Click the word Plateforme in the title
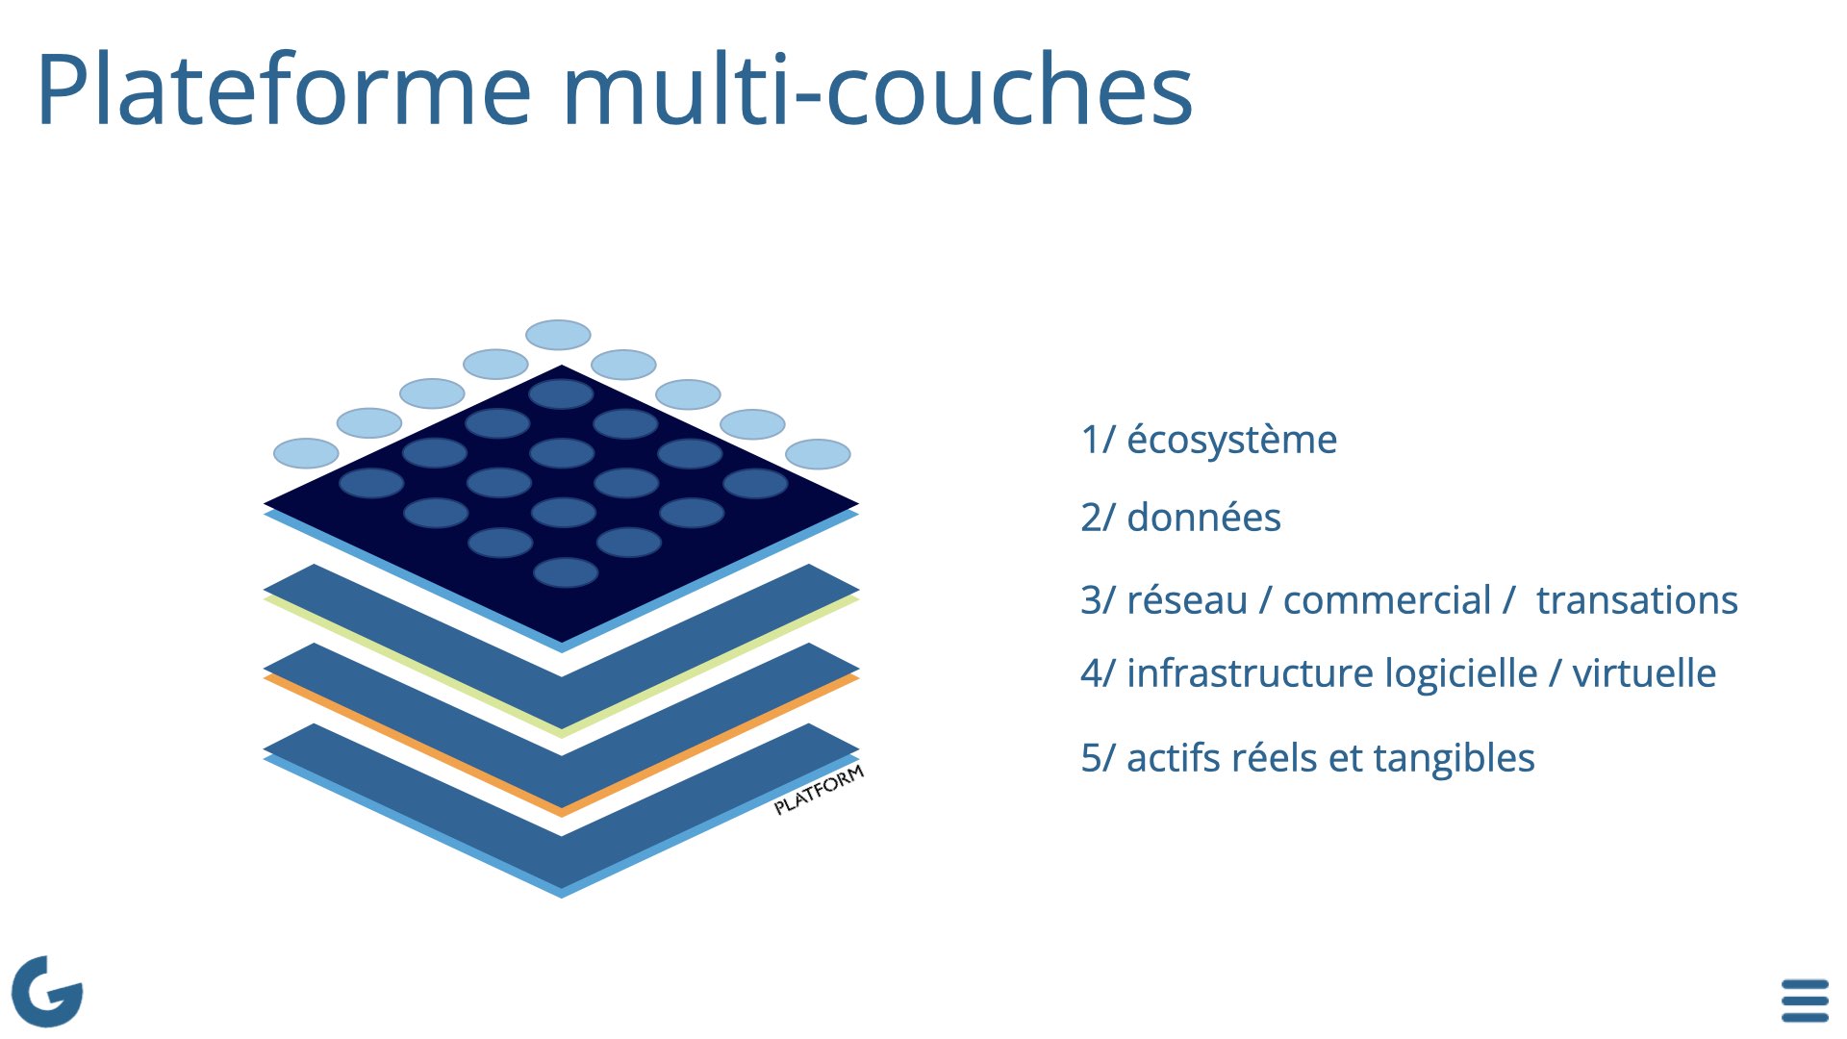point(284,89)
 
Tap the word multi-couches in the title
point(877,89)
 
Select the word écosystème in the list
point(1231,440)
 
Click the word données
point(1203,518)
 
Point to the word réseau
point(1187,600)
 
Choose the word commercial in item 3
point(1386,600)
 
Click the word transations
point(1636,600)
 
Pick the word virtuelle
point(1643,673)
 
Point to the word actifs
point(1173,758)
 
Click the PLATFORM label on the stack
point(819,790)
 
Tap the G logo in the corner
point(46,991)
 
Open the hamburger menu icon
point(1805,1001)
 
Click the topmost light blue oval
point(558,335)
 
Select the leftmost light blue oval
point(306,453)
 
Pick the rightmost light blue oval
point(818,454)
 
